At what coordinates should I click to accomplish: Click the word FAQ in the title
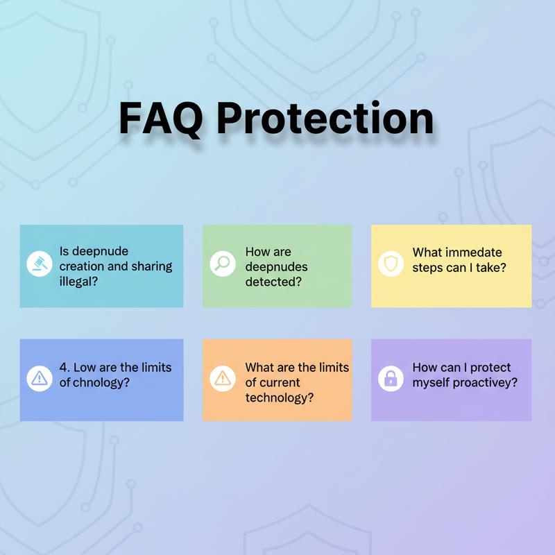tap(160, 118)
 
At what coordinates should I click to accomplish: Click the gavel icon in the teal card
tap(40, 264)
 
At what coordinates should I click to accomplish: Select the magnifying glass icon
tap(222, 264)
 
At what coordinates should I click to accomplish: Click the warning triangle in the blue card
tap(40, 378)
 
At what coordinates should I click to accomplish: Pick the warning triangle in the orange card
tap(222, 378)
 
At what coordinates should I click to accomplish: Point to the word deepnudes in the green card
tap(276, 267)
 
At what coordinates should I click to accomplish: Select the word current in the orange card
tap(280, 382)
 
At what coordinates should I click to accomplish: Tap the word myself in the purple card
tap(432, 382)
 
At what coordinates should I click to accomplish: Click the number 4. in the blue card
tap(66, 368)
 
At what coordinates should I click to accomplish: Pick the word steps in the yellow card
tap(427, 268)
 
